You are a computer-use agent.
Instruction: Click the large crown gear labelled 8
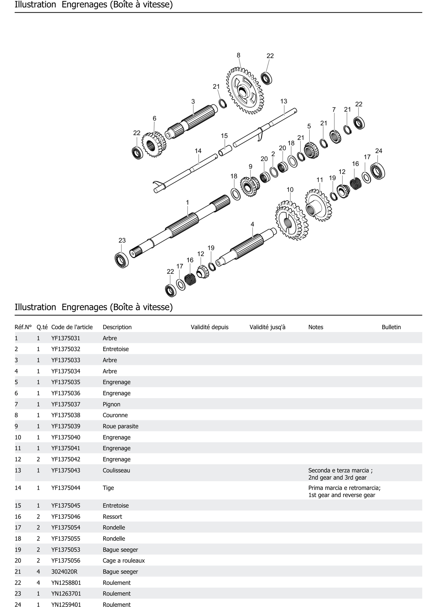click(x=245, y=91)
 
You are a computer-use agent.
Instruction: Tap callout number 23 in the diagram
click(x=122, y=240)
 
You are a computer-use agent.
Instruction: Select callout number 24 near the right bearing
click(x=378, y=151)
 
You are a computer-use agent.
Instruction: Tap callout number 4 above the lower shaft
click(x=252, y=224)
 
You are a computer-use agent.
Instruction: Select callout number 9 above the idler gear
click(x=250, y=166)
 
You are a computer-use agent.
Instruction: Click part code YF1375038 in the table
click(x=66, y=415)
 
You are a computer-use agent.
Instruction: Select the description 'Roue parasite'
click(x=120, y=426)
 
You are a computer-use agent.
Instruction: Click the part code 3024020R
click(x=64, y=571)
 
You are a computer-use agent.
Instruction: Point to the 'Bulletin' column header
click(x=391, y=327)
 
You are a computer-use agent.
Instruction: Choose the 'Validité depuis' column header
click(x=210, y=327)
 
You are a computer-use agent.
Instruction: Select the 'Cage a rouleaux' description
click(x=124, y=560)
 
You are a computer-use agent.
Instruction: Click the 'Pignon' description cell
click(x=111, y=404)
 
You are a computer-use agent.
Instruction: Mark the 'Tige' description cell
click(x=108, y=488)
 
